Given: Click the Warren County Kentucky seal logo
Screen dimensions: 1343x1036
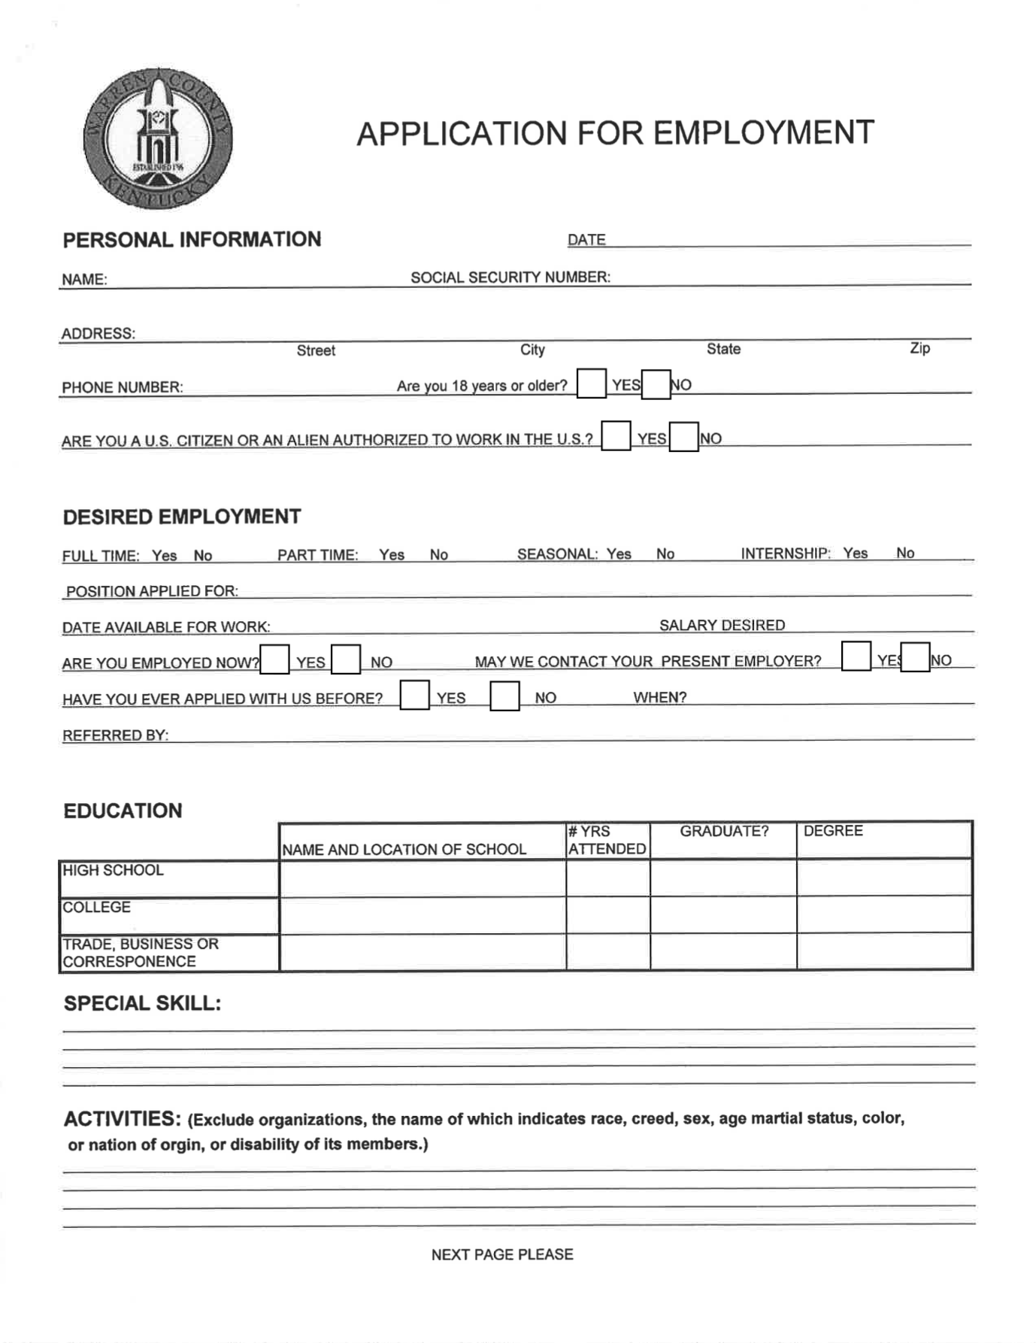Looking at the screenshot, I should coord(157,139).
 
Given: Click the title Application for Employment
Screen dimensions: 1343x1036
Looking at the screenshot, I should coord(615,133).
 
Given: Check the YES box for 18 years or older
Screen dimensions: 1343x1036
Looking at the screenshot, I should coord(591,383).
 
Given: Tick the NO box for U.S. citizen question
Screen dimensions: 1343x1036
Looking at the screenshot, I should coord(683,437).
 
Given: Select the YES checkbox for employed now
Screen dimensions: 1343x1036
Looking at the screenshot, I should coord(274,659).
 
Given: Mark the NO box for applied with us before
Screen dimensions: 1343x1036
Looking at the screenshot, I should coord(504,696).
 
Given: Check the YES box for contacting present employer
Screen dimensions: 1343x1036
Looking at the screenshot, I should coord(856,656).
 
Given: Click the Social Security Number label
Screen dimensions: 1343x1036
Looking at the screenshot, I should coord(510,277).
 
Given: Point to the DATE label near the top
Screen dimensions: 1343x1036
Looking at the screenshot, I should coord(586,240).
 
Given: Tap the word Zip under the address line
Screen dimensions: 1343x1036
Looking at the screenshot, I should coord(919,348).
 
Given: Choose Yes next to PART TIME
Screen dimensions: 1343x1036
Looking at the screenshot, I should coord(392,555).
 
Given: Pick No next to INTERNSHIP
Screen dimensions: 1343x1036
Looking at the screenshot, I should coord(905,553).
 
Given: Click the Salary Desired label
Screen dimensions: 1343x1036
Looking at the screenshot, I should coord(722,625).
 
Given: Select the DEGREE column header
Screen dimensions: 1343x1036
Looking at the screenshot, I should coord(833,831).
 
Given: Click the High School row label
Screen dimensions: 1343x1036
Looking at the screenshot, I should coord(113,870).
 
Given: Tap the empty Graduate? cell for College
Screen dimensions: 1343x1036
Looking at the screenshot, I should coord(722,914).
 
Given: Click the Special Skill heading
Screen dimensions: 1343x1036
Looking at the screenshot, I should coord(142,1003).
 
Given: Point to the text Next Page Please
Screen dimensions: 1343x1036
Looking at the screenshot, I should coord(502,1254).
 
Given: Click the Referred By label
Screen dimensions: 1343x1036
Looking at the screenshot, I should coord(115,735).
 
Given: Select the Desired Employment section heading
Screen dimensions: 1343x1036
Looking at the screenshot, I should coord(182,517).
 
